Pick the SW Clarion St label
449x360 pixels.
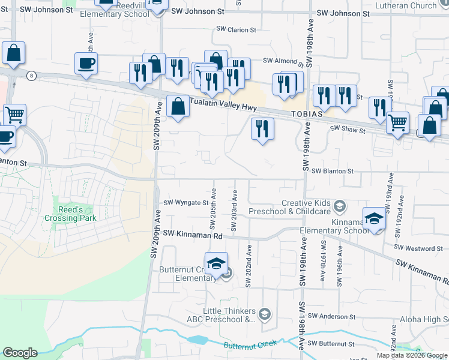[x=237, y=29]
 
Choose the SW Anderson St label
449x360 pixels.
[x=331, y=316]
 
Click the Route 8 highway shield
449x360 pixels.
[x=31, y=75]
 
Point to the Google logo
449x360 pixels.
[x=20, y=353]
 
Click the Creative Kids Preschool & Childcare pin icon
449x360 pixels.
[x=339, y=207]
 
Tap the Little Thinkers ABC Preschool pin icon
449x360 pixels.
[x=265, y=313]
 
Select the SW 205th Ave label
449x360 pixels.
[x=213, y=215]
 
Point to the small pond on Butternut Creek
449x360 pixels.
[x=197, y=340]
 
